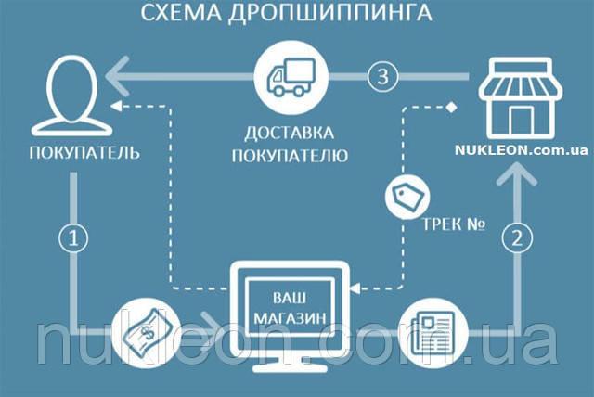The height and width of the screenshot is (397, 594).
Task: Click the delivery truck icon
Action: coord(291,77)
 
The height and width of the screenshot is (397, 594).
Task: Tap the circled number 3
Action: coord(383,76)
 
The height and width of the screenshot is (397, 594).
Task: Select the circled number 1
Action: coord(74,238)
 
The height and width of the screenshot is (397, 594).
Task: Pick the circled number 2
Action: coord(518,238)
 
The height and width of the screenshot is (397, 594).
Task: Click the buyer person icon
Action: coord(72,96)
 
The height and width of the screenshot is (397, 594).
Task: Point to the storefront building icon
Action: coord(521,97)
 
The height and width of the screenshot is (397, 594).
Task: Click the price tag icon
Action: coord(407,197)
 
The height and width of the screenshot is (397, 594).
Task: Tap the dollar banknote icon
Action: coord(147,333)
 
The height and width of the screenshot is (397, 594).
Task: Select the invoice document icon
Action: coord(433,333)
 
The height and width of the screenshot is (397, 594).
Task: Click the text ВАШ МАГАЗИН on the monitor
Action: coord(290,308)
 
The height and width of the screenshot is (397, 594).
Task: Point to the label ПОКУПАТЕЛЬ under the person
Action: coord(84,153)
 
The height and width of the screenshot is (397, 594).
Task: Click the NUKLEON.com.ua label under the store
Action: coord(522,150)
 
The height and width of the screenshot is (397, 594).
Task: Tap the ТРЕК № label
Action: coord(454,224)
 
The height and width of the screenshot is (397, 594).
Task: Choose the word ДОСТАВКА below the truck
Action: coord(290,134)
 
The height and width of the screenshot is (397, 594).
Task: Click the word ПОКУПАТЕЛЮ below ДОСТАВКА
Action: coord(290,156)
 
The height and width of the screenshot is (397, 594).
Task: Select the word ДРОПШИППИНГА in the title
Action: coord(330,12)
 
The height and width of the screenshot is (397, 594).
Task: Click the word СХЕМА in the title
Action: coord(181,12)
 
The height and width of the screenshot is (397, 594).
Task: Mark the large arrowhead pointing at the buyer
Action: coord(118,76)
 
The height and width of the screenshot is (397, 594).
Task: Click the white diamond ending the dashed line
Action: coord(451,107)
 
